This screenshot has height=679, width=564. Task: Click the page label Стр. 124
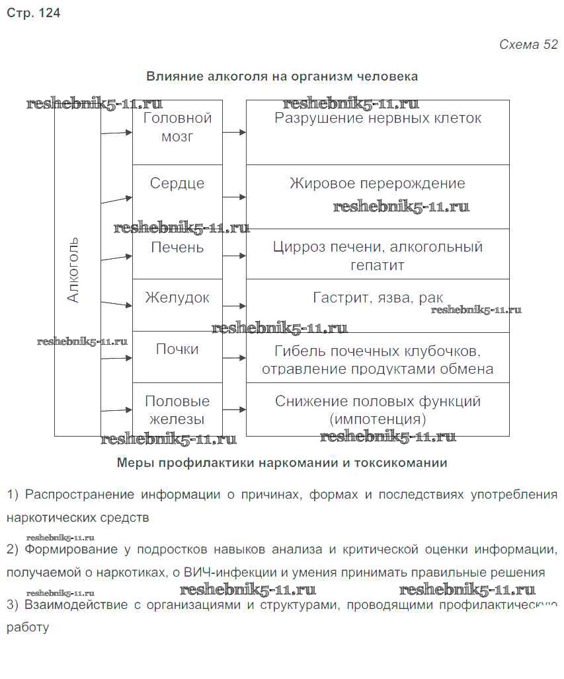34,13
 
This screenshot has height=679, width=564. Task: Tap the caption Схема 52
528,45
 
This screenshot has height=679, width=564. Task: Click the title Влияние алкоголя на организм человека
282,77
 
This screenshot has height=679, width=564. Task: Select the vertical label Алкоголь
73,269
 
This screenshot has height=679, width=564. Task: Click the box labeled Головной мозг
177,127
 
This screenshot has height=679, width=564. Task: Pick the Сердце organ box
177,184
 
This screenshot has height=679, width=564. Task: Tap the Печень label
177,248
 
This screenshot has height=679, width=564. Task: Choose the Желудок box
177,298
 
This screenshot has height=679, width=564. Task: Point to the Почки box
177,349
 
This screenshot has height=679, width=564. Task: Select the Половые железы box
177,410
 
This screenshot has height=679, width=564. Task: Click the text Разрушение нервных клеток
378,119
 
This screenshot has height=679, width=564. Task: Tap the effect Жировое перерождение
378,184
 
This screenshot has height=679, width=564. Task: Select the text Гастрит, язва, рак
378,298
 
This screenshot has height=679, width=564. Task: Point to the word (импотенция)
378,419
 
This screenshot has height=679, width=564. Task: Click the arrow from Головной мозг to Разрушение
234,132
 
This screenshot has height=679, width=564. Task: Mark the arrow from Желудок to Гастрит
234,306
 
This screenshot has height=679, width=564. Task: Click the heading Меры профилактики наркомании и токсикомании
282,463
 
